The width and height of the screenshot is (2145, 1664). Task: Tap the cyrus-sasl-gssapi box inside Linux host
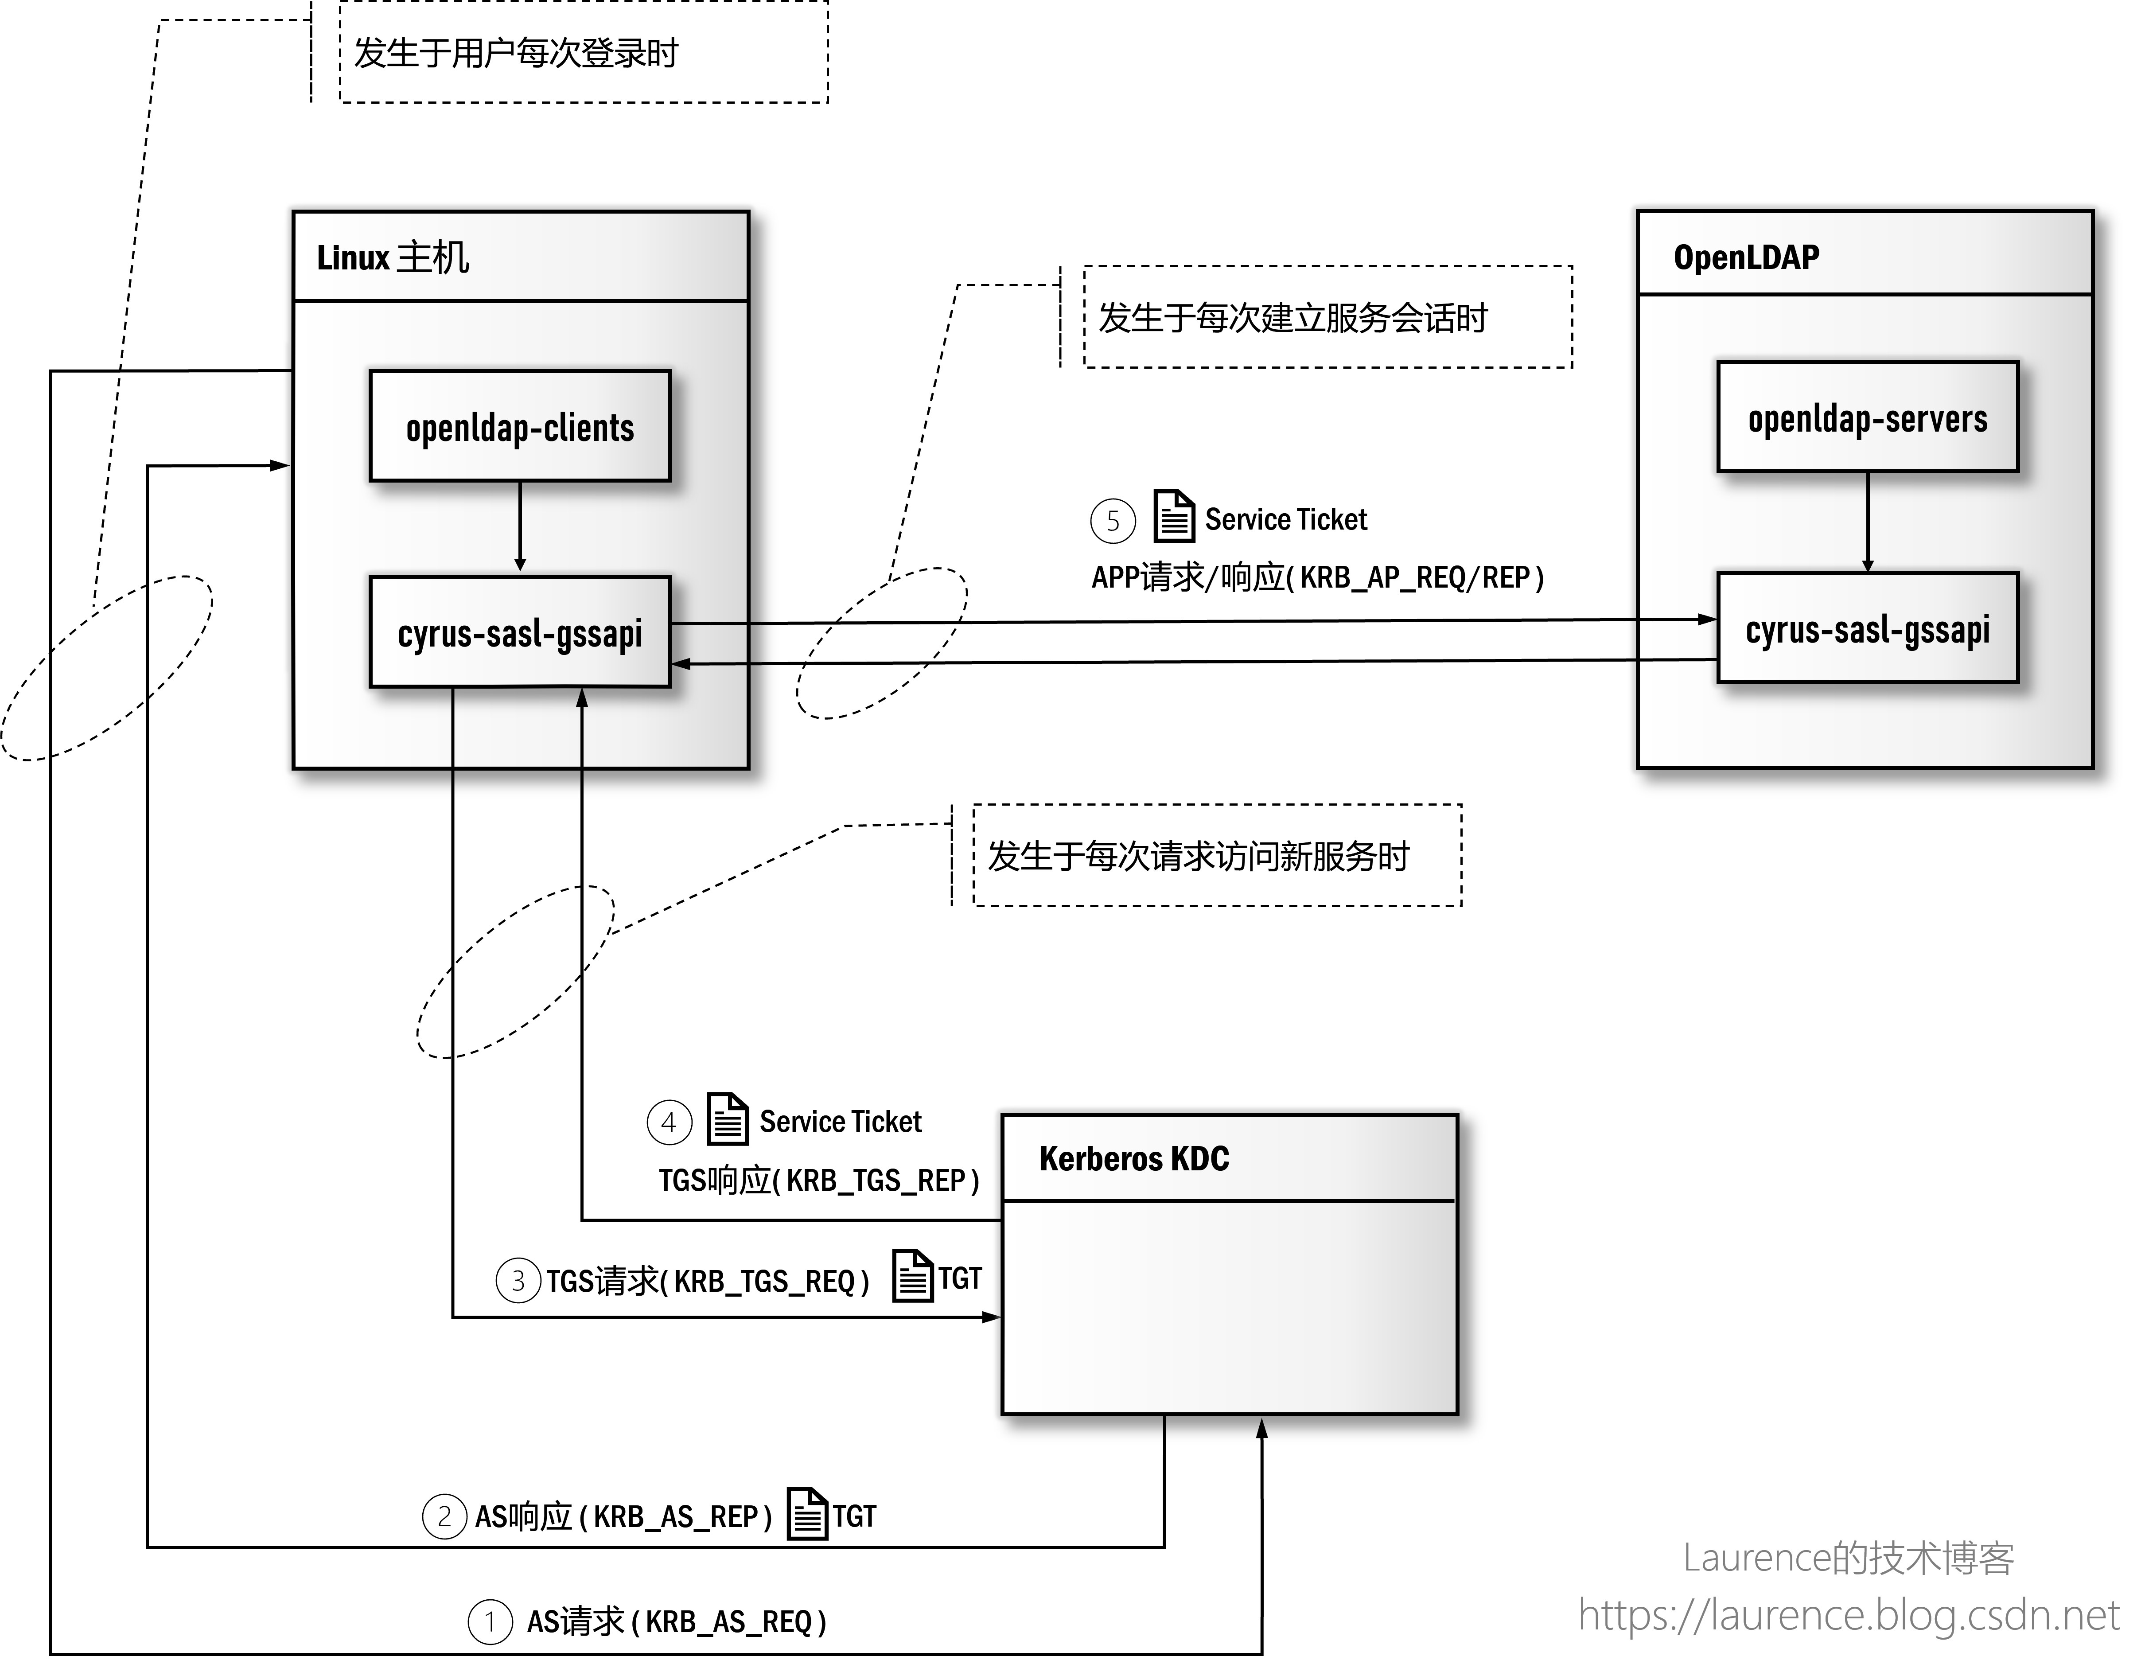[x=520, y=631]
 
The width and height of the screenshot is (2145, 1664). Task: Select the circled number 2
[x=444, y=1517]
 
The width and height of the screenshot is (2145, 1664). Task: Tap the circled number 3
[x=518, y=1281]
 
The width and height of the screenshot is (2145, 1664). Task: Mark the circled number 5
[x=1113, y=521]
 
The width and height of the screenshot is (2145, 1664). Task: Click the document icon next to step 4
[x=728, y=1119]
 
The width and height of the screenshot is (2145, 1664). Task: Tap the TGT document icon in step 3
[x=912, y=1276]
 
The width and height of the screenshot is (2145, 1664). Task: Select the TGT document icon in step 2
[x=807, y=1514]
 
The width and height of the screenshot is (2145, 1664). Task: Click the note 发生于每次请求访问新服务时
[x=1198, y=856]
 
